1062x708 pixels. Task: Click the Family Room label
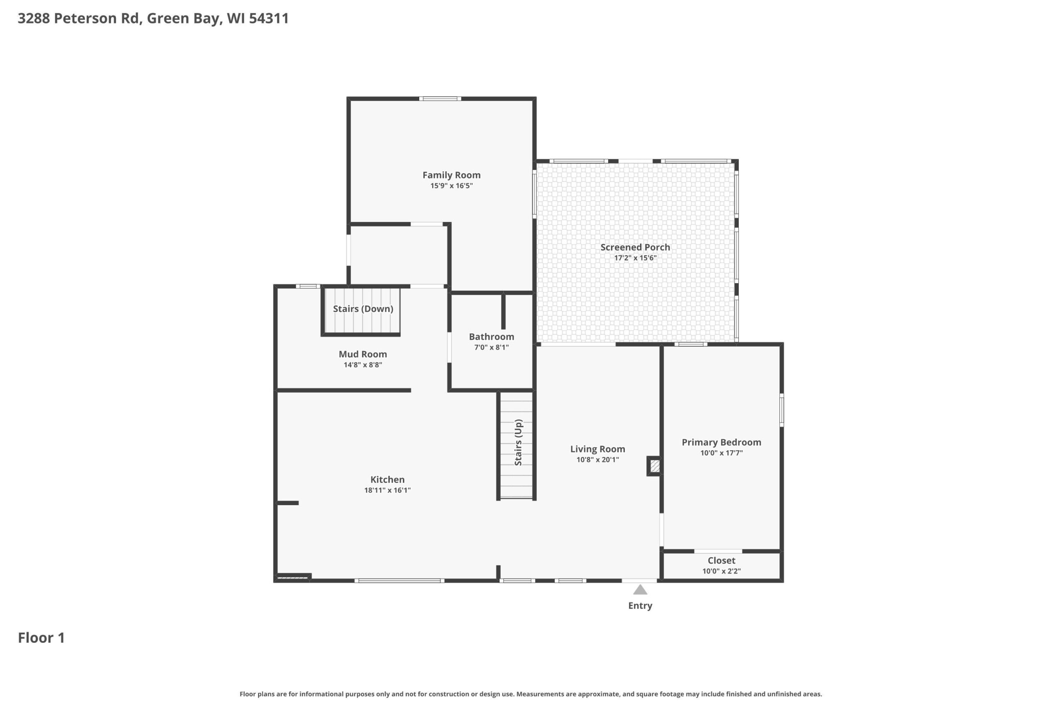click(451, 175)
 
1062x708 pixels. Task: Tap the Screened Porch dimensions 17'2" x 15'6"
click(635, 258)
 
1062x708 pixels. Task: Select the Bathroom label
click(491, 337)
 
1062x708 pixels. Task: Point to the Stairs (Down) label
click(363, 309)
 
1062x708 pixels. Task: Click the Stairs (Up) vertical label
click(519, 443)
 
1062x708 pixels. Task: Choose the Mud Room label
click(363, 355)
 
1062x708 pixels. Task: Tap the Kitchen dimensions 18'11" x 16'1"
click(387, 490)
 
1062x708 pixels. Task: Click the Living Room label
click(597, 449)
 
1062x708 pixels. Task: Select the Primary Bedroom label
click(721, 443)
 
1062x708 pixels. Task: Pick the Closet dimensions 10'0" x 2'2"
click(721, 571)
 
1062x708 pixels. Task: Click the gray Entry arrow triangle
click(640, 590)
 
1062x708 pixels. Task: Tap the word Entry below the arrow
click(640, 606)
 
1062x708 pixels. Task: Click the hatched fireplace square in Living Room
click(655, 466)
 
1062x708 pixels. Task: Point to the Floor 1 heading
click(41, 637)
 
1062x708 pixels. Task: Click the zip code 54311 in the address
click(269, 18)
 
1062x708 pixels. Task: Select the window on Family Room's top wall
click(440, 98)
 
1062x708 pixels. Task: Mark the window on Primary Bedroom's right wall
click(782, 409)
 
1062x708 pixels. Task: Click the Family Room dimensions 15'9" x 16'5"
click(451, 185)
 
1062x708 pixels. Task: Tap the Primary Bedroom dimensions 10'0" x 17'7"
click(721, 453)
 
